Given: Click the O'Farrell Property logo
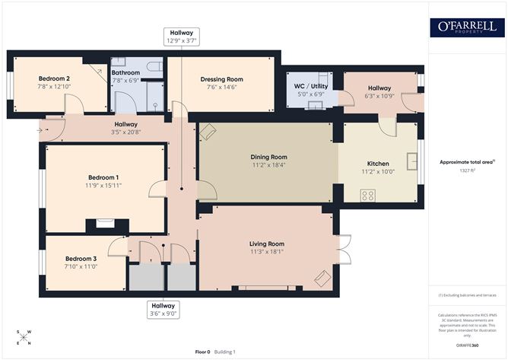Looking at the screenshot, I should pos(467,27).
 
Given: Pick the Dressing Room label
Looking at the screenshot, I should pos(221,79).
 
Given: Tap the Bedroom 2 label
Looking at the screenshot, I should pos(54,78).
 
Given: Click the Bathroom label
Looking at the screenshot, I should pos(125,73).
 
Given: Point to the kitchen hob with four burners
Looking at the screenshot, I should pos(367,195).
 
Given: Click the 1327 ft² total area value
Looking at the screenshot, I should pos(467,171).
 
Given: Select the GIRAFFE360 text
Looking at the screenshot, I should pos(467,345).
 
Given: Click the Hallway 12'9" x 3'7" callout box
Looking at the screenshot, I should pos(181,36).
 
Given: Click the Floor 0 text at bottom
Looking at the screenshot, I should pos(203,352).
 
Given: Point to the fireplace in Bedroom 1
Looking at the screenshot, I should pos(100,224).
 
